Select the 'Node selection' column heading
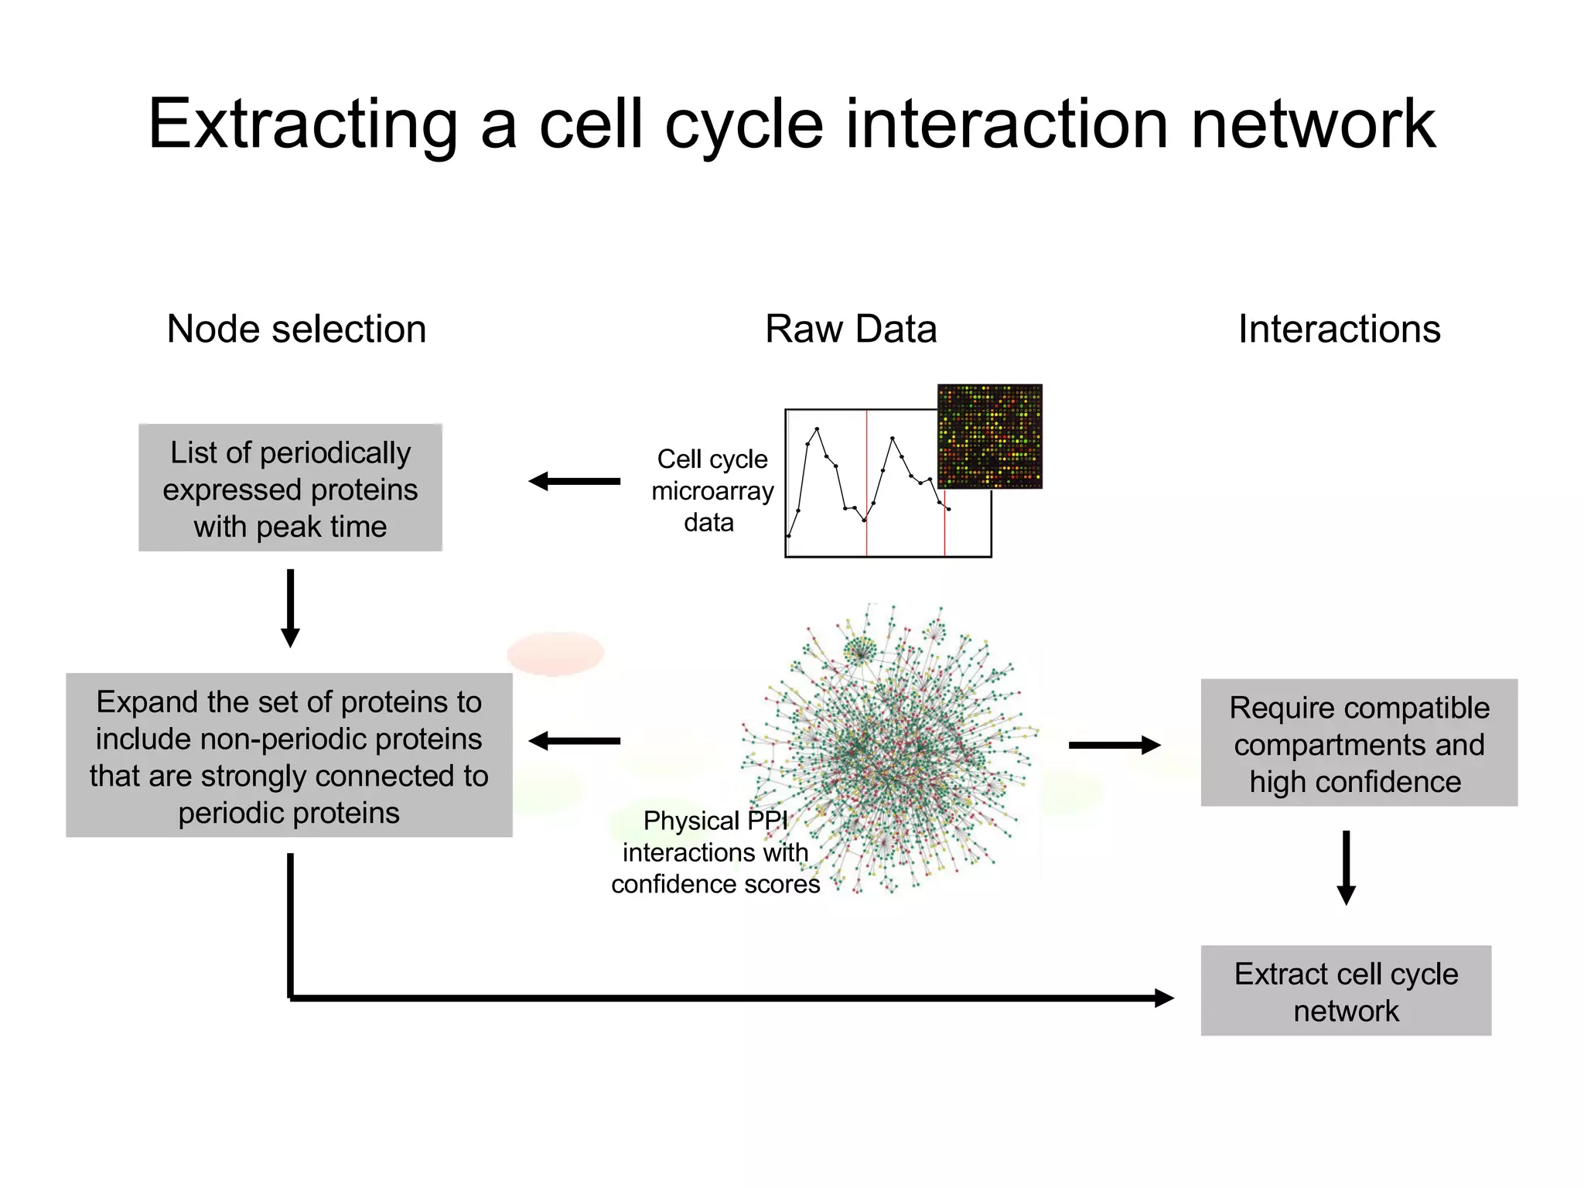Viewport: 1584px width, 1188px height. tap(296, 329)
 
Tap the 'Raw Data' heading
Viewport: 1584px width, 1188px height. tap(850, 329)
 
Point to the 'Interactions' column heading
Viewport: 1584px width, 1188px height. tap(1339, 329)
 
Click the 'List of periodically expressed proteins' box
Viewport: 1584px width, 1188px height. tap(290, 488)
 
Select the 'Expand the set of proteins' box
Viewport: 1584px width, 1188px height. tap(288, 756)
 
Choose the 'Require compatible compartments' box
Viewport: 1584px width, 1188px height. tap(1358, 743)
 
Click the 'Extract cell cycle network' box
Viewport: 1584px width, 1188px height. tap(1346, 991)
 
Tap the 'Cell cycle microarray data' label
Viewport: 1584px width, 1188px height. tap(712, 490)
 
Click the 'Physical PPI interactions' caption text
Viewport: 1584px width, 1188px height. tap(715, 852)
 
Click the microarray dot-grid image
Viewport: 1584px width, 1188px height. tap(989, 436)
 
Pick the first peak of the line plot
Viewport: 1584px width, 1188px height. tap(817, 429)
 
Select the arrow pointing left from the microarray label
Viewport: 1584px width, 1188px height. tap(575, 481)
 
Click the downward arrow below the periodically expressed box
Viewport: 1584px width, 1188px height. tap(290, 608)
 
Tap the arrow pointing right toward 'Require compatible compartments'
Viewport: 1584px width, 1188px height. tap(1114, 745)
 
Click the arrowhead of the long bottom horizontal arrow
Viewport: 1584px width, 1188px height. tap(1163, 998)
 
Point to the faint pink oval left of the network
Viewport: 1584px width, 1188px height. tap(555, 653)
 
